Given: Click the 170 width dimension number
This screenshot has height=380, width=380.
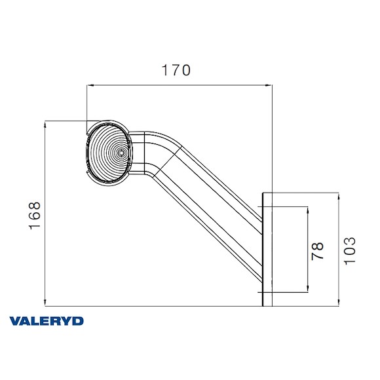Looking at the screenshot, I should coord(176,70).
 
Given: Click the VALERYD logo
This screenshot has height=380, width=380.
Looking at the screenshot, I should coord(46,321).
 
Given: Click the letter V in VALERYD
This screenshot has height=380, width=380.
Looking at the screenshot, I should coord(14,321).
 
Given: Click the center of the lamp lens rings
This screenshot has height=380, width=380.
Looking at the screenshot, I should coord(121,152).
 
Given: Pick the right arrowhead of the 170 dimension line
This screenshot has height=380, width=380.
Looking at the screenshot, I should coord(269,85).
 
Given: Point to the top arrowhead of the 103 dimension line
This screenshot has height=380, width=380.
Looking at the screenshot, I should coord(337,195).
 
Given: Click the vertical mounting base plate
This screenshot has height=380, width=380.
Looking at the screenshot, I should coord(266,249).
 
